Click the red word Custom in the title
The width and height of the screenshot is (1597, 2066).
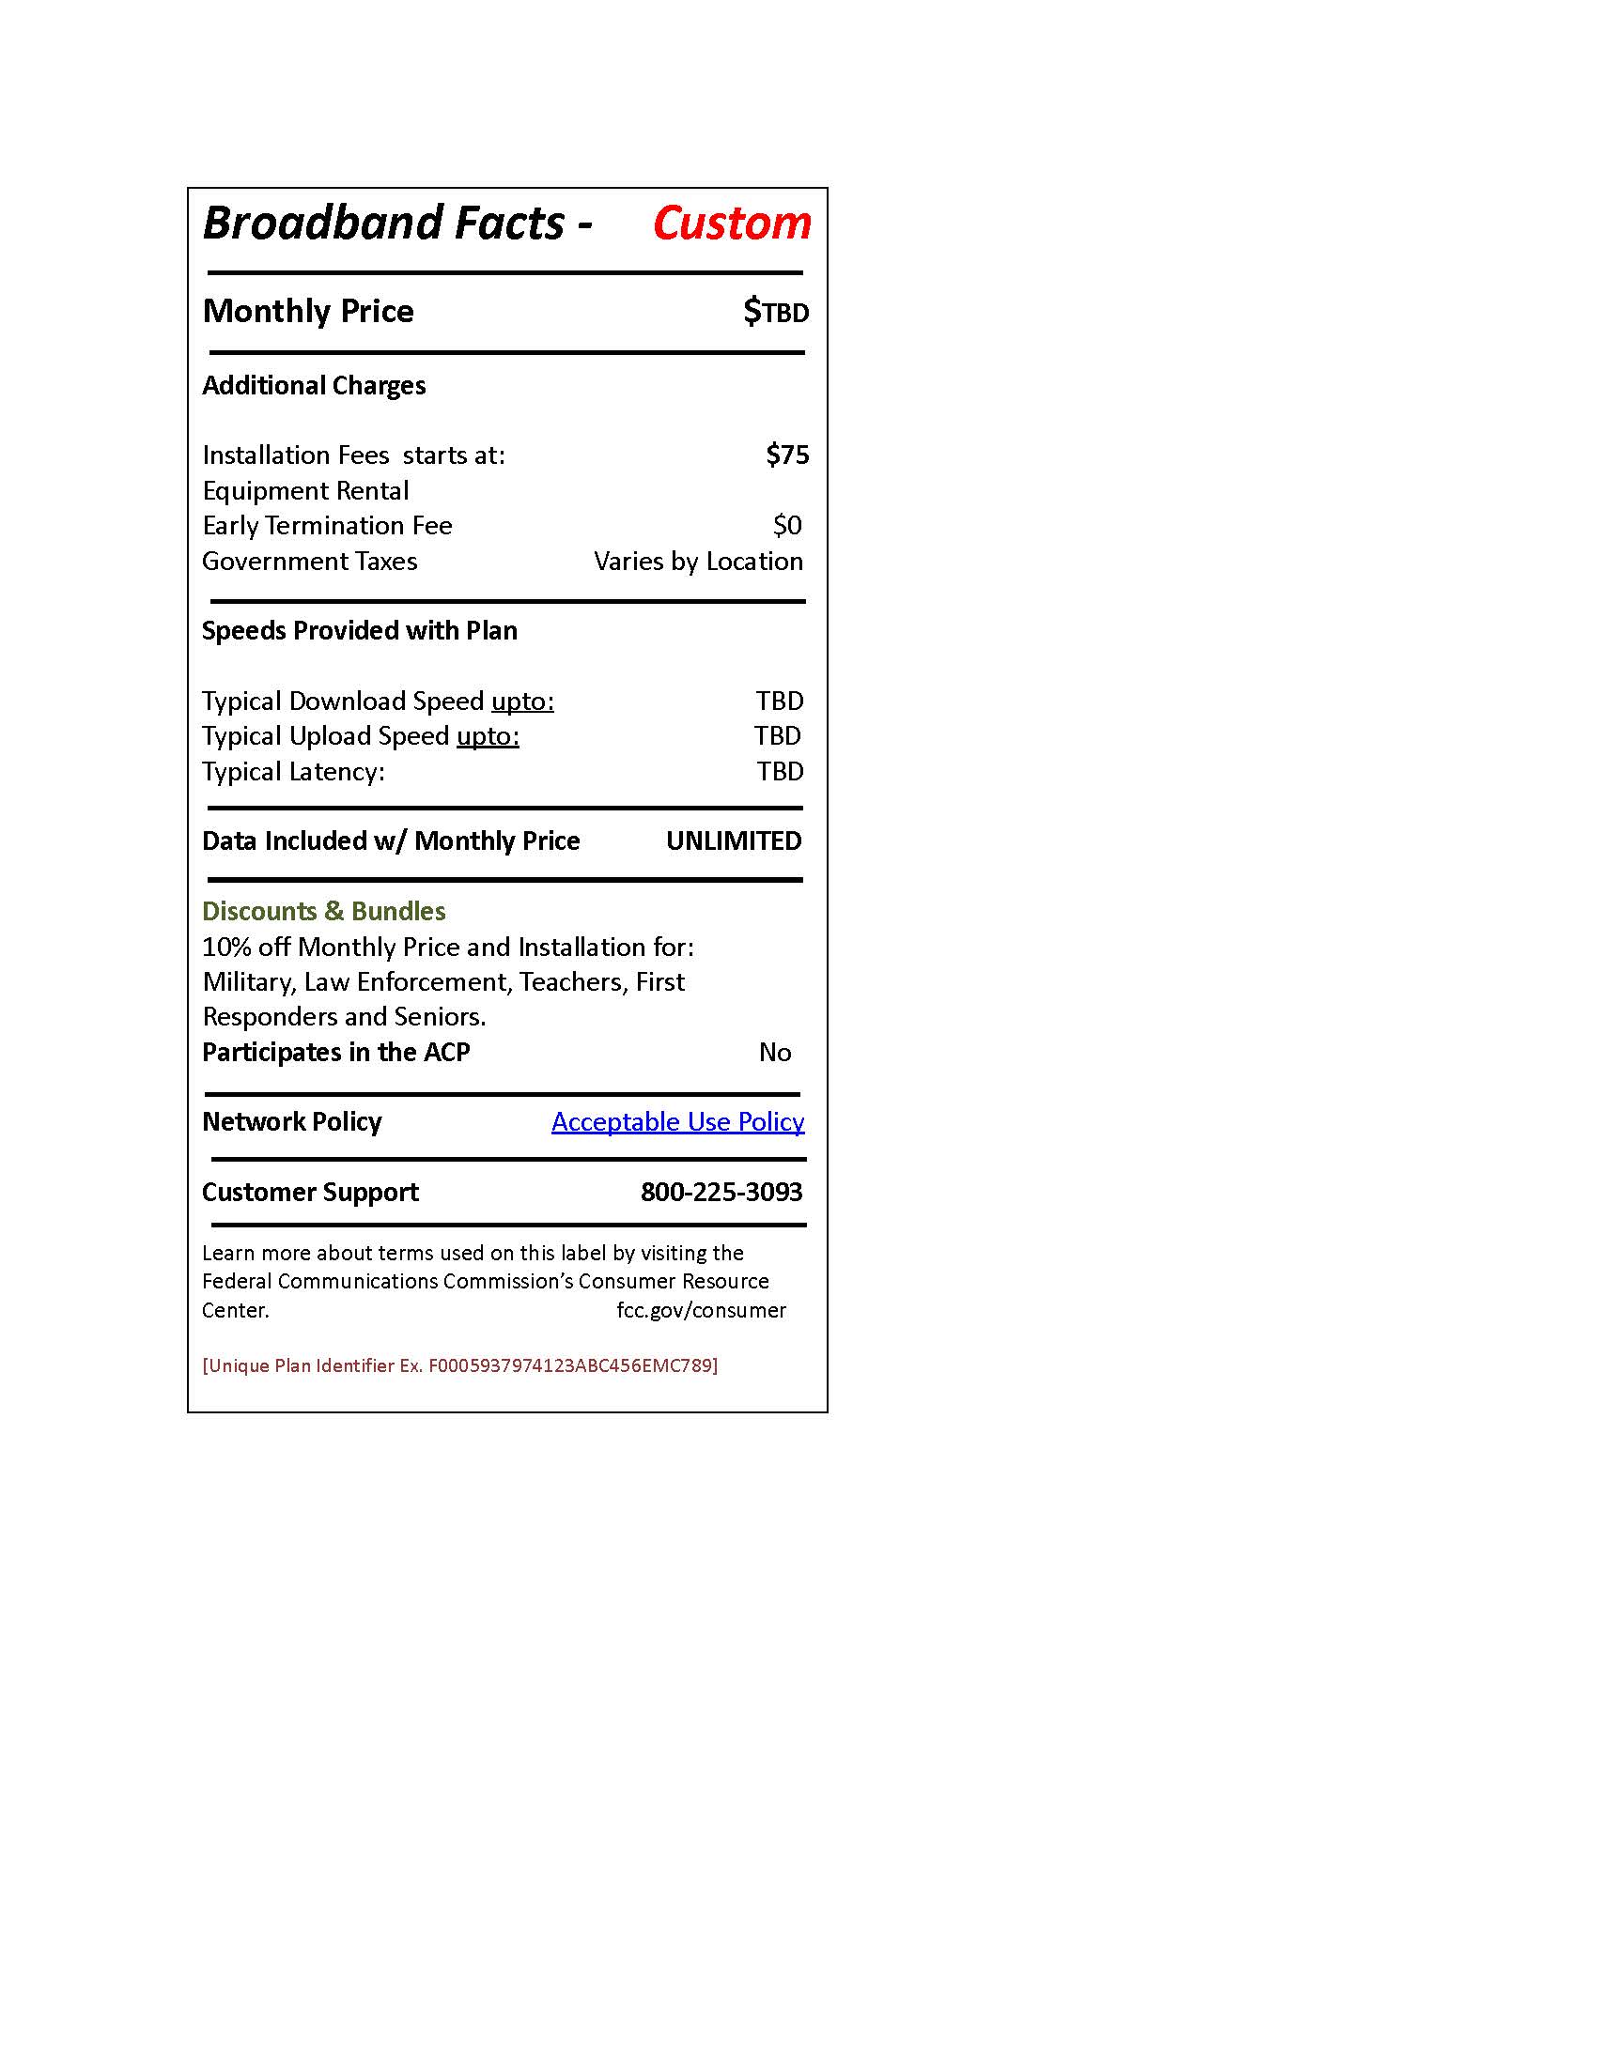click(x=731, y=224)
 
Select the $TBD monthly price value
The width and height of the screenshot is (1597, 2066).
click(x=776, y=311)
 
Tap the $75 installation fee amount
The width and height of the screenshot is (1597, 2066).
click(x=787, y=455)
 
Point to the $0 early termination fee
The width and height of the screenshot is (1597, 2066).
click(x=787, y=525)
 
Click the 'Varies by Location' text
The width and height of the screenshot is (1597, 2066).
click(x=698, y=561)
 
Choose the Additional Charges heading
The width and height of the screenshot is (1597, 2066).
click(x=314, y=386)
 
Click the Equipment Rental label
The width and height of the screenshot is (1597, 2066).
click(x=305, y=491)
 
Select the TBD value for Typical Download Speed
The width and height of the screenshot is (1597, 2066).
click(x=780, y=701)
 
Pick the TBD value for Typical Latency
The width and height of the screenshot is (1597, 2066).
click(x=780, y=772)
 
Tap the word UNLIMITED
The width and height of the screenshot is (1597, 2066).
click(x=734, y=841)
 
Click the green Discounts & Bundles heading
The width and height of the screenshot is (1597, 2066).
click(x=323, y=911)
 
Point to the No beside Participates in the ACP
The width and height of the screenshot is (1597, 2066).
click(x=775, y=1052)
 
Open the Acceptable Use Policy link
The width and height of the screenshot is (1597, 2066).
click(x=677, y=1122)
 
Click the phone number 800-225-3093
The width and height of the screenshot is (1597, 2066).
click(x=721, y=1192)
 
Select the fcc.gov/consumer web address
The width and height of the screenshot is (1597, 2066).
click(x=701, y=1310)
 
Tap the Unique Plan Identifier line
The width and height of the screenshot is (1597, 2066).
click(x=459, y=1365)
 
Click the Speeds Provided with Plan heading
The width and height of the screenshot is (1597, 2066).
click(x=360, y=631)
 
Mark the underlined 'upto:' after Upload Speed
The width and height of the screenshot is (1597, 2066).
click(x=488, y=736)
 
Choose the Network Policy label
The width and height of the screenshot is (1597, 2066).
click(x=291, y=1122)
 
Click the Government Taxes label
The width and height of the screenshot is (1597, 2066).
click(x=309, y=561)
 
